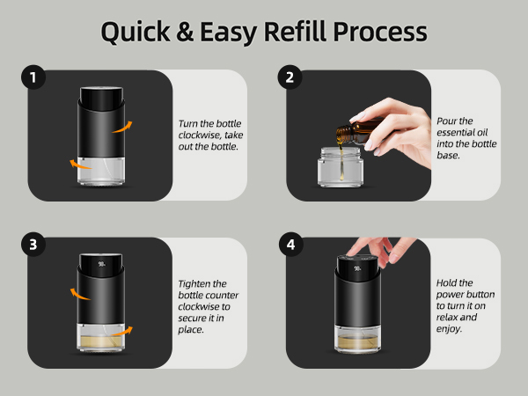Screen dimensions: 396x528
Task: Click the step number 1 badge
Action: tap(33, 77)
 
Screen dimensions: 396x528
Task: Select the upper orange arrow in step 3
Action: tap(78, 294)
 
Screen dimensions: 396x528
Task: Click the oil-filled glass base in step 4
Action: tap(362, 338)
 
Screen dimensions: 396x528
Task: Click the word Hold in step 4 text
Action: tap(450, 282)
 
